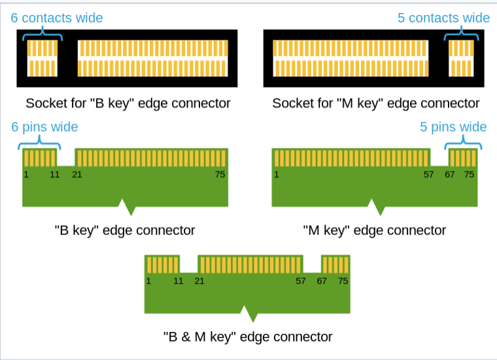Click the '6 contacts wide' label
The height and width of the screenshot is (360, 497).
pos(57,18)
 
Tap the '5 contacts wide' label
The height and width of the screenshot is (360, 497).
pos(443,18)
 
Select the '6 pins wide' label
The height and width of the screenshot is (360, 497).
pos(44,127)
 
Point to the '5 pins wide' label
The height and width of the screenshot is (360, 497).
pos(453,127)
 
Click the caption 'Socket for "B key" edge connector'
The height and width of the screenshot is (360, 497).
pos(128,103)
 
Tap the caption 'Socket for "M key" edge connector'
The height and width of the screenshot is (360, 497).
pos(376,103)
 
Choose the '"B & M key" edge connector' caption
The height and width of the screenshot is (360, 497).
pos(248,337)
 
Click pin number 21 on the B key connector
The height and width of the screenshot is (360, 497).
pos(77,175)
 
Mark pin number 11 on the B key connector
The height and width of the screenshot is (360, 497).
pos(55,175)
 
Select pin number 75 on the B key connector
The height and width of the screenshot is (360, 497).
pos(220,175)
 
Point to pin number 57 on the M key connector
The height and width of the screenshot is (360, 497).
pos(428,175)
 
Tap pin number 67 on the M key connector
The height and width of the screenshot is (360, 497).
pos(450,175)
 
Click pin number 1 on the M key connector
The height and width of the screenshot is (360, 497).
pos(277,175)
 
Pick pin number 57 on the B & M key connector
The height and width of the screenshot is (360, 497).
pos(300,281)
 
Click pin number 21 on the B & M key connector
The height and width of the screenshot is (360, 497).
pos(199,281)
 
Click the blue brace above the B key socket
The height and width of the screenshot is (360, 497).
pos(43,33)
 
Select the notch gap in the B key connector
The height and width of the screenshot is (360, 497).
pos(66,157)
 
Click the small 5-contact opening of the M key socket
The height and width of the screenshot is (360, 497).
pos(461,58)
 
